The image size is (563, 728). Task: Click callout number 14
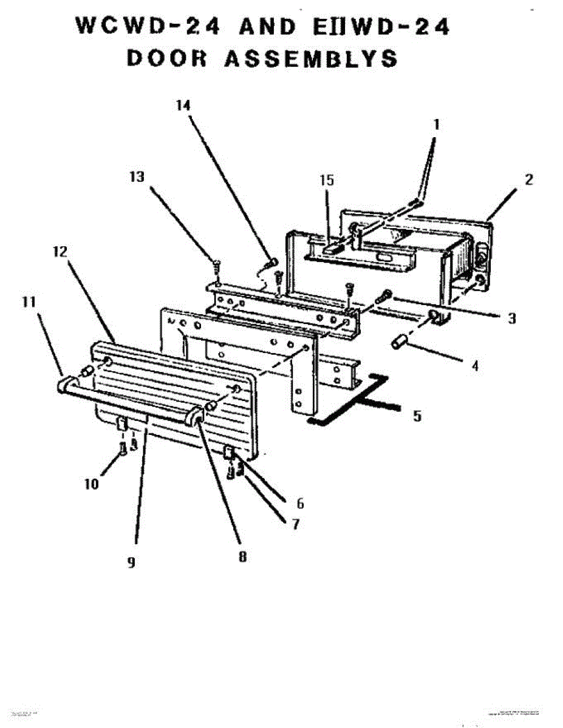[x=183, y=104]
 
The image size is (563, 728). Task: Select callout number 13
[x=137, y=177]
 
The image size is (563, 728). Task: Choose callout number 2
[x=529, y=180]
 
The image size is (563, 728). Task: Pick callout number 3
[x=512, y=318]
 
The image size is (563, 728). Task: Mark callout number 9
[x=131, y=563]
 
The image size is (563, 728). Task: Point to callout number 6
[x=300, y=503]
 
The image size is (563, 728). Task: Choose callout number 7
[x=295, y=524]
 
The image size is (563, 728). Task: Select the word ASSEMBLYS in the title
[x=312, y=58]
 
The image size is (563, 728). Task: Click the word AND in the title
[x=267, y=27]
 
